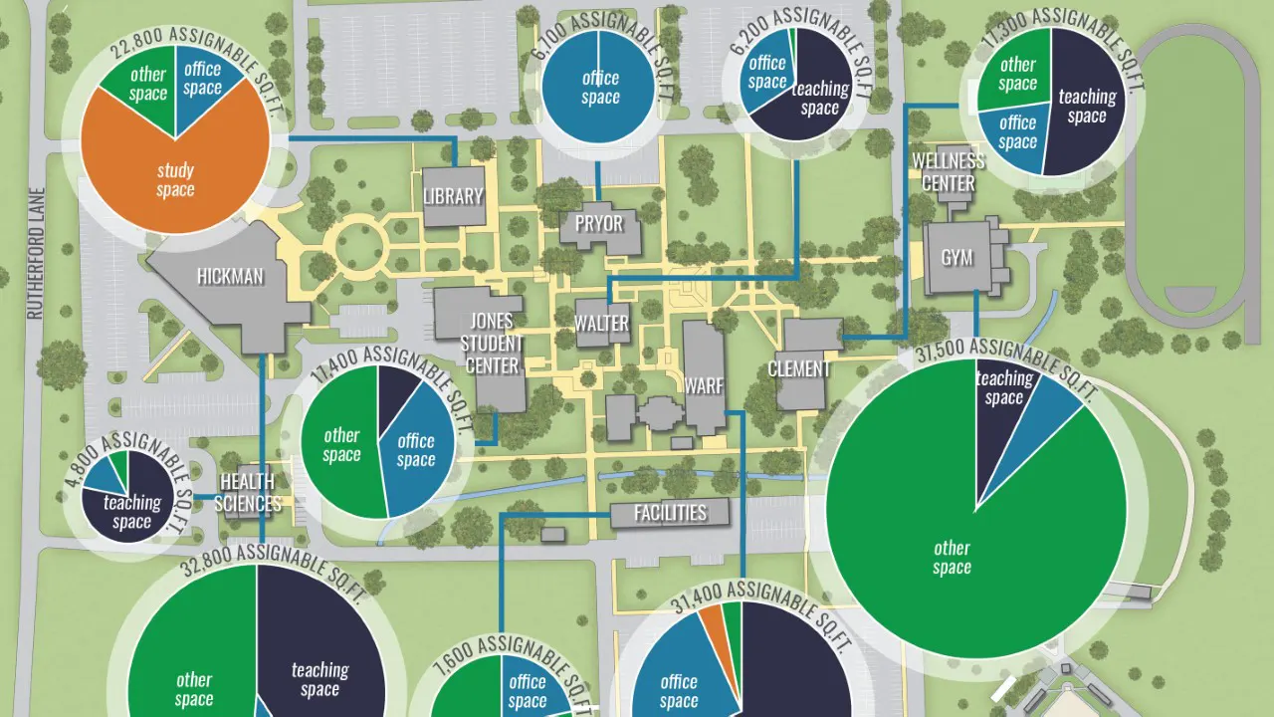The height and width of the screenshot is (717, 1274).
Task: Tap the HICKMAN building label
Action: [230, 276]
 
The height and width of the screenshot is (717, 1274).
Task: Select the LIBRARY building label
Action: [453, 196]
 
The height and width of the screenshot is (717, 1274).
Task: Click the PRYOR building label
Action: [599, 222]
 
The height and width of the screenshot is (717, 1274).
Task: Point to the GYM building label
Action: [956, 258]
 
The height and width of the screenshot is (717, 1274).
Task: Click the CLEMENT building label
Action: [798, 368]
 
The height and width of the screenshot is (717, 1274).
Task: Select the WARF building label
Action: [705, 385]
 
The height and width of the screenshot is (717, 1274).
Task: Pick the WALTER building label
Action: [601, 323]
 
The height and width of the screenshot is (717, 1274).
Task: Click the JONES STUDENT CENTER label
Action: [493, 343]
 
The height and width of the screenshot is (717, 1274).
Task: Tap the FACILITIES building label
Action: [671, 513]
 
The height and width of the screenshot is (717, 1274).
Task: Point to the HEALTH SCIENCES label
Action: [248, 493]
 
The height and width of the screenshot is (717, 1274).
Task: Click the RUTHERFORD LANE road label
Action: [37, 254]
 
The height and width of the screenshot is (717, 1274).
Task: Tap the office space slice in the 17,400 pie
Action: [416, 450]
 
